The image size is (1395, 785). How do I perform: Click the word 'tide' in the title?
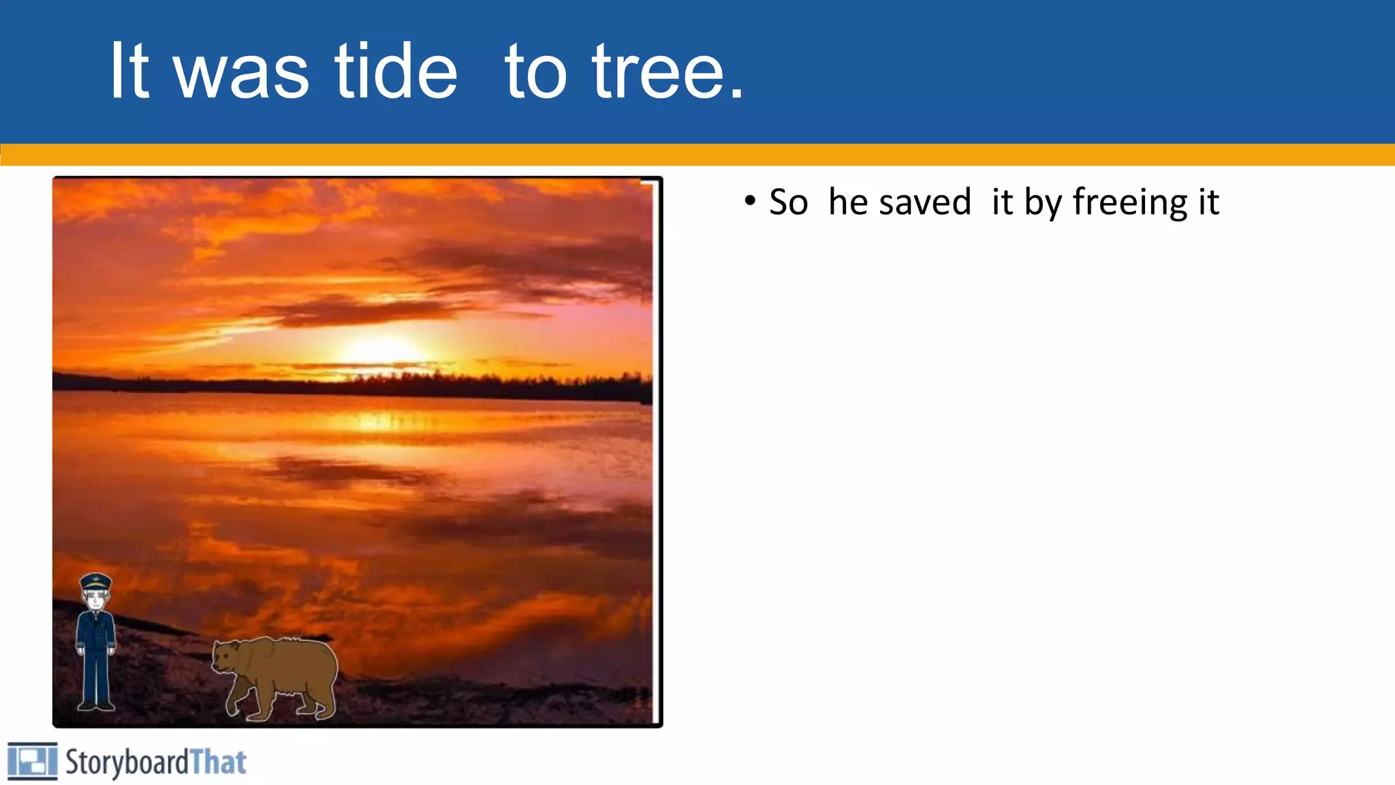(396, 71)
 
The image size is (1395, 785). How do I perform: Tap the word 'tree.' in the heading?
(668, 71)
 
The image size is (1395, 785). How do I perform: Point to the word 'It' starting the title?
(129, 71)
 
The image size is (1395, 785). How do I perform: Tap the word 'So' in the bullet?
(788, 202)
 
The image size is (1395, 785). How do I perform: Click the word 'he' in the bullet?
(848, 202)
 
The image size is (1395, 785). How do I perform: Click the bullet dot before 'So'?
(750, 201)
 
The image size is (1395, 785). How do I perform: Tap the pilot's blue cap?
(95, 582)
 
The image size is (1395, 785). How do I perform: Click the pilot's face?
(95, 600)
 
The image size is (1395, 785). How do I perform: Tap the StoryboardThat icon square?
(32, 761)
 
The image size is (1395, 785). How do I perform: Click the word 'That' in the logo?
(218, 762)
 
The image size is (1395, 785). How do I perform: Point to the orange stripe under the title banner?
(697, 155)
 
